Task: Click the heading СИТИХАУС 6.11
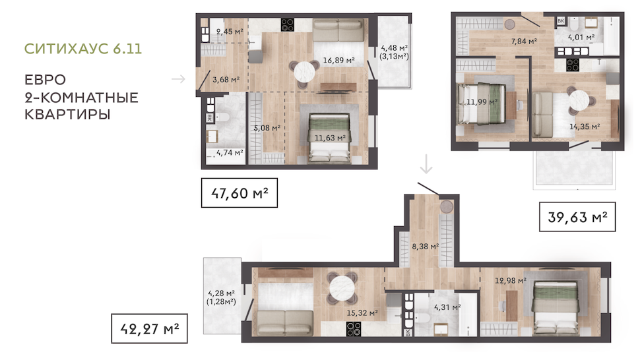pos(83,49)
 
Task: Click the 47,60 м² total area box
pos(240,193)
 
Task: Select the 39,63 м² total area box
pos(577,217)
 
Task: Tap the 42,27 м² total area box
pos(149,328)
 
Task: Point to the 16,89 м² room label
pos(338,61)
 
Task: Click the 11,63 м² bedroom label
pos(330,138)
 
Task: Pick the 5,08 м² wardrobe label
pos(267,128)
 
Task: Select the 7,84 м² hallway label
pos(524,41)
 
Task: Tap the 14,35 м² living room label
pos(585,127)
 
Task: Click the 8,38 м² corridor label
pos(426,246)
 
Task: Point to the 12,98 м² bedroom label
pos(510,280)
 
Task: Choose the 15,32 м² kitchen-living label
pos(362,313)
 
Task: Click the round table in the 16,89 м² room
pos(304,73)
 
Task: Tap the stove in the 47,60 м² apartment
pos(288,25)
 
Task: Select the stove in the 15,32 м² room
pos(354,329)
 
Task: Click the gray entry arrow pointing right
pos(178,78)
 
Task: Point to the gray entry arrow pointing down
pos(426,164)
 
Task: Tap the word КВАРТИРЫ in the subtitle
pos(67,115)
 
